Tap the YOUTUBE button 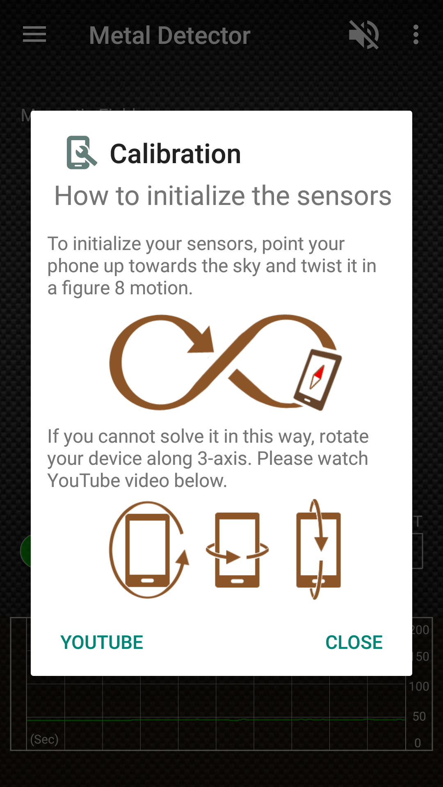click(x=102, y=642)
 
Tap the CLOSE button click(x=354, y=642)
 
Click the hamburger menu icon click(x=34, y=34)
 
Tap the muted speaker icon click(x=363, y=35)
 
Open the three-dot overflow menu click(x=416, y=35)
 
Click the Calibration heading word click(x=176, y=154)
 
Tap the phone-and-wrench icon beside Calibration click(x=81, y=152)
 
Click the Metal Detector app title click(x=169, y=35)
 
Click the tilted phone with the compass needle click(x=317, y=380)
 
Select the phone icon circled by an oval click(x=148, y=550)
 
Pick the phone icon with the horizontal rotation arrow click(x=237, y=550)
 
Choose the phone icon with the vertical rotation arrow click(x=319, y=550)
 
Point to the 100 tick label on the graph click(x=419, y=686)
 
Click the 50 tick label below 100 click(x=419, y=716)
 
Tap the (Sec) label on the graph click(x=44, y=739)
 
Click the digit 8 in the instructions click(x=119, y=288)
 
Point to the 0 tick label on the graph click(x=418, y=743)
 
